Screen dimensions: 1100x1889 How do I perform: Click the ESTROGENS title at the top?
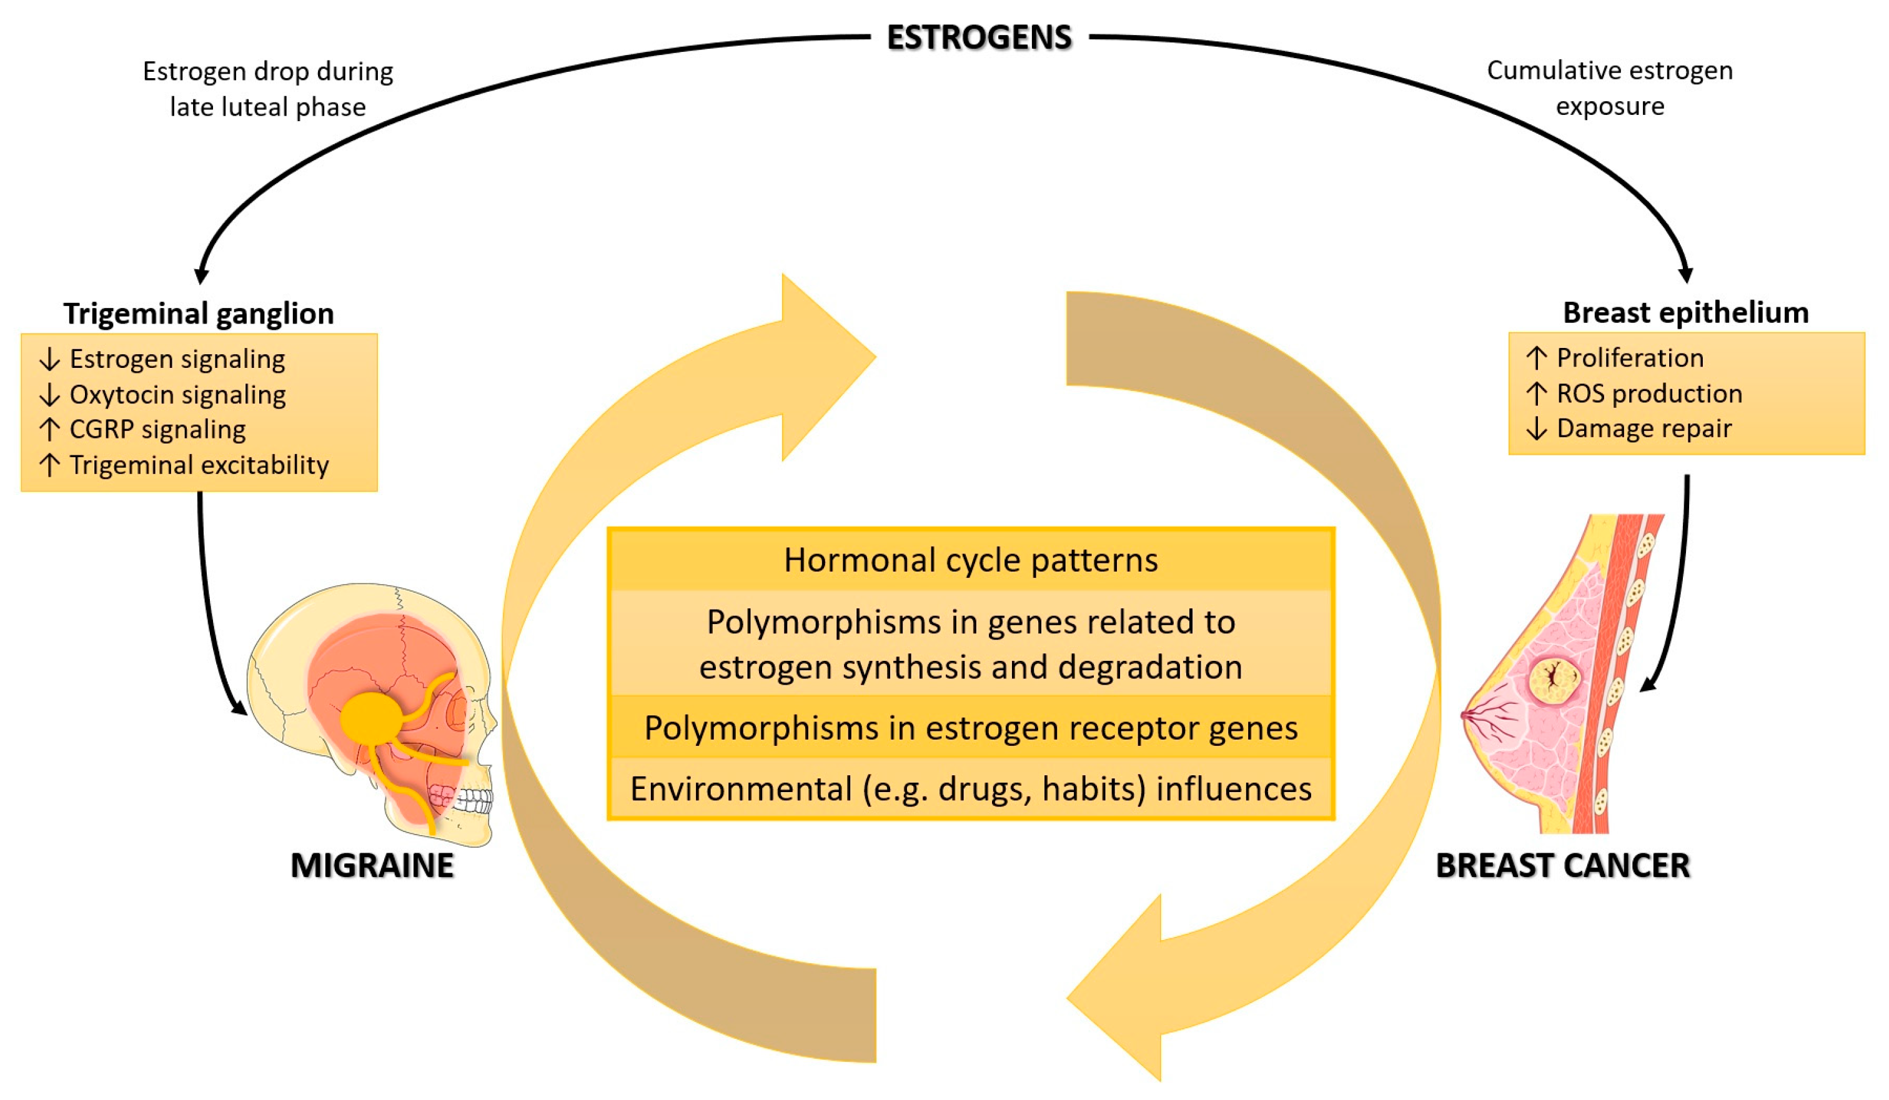click(x=979, y=37)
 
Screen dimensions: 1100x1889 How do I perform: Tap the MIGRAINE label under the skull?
click(x=372, y=866)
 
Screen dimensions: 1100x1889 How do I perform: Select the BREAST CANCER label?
click(x=1562, y=866)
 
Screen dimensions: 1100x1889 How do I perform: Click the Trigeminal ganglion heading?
click(x=199, y=313)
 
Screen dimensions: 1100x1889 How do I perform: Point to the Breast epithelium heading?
click(x=1685, y=312)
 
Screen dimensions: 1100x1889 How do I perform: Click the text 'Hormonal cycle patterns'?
click(x=971, y=560)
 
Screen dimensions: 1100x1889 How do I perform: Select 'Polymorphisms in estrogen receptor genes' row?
click(x=971, y=728)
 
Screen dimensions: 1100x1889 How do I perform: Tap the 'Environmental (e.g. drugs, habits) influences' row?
click(x=971, y=789)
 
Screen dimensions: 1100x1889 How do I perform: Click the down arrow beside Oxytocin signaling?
click(x=49, y=395)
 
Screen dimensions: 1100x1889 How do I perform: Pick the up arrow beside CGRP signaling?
click(x=49, y=429)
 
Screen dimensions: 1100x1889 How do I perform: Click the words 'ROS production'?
click(x=1649, y=394)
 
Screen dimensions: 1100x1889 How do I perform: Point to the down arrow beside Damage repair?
click(x=1537, y=429)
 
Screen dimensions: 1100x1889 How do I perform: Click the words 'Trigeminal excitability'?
click(x=199, y=465)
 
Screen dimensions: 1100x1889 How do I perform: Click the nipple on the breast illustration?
click(x=1466, y=716)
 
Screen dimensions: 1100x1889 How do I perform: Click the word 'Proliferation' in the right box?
click(x=1630, y=358)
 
